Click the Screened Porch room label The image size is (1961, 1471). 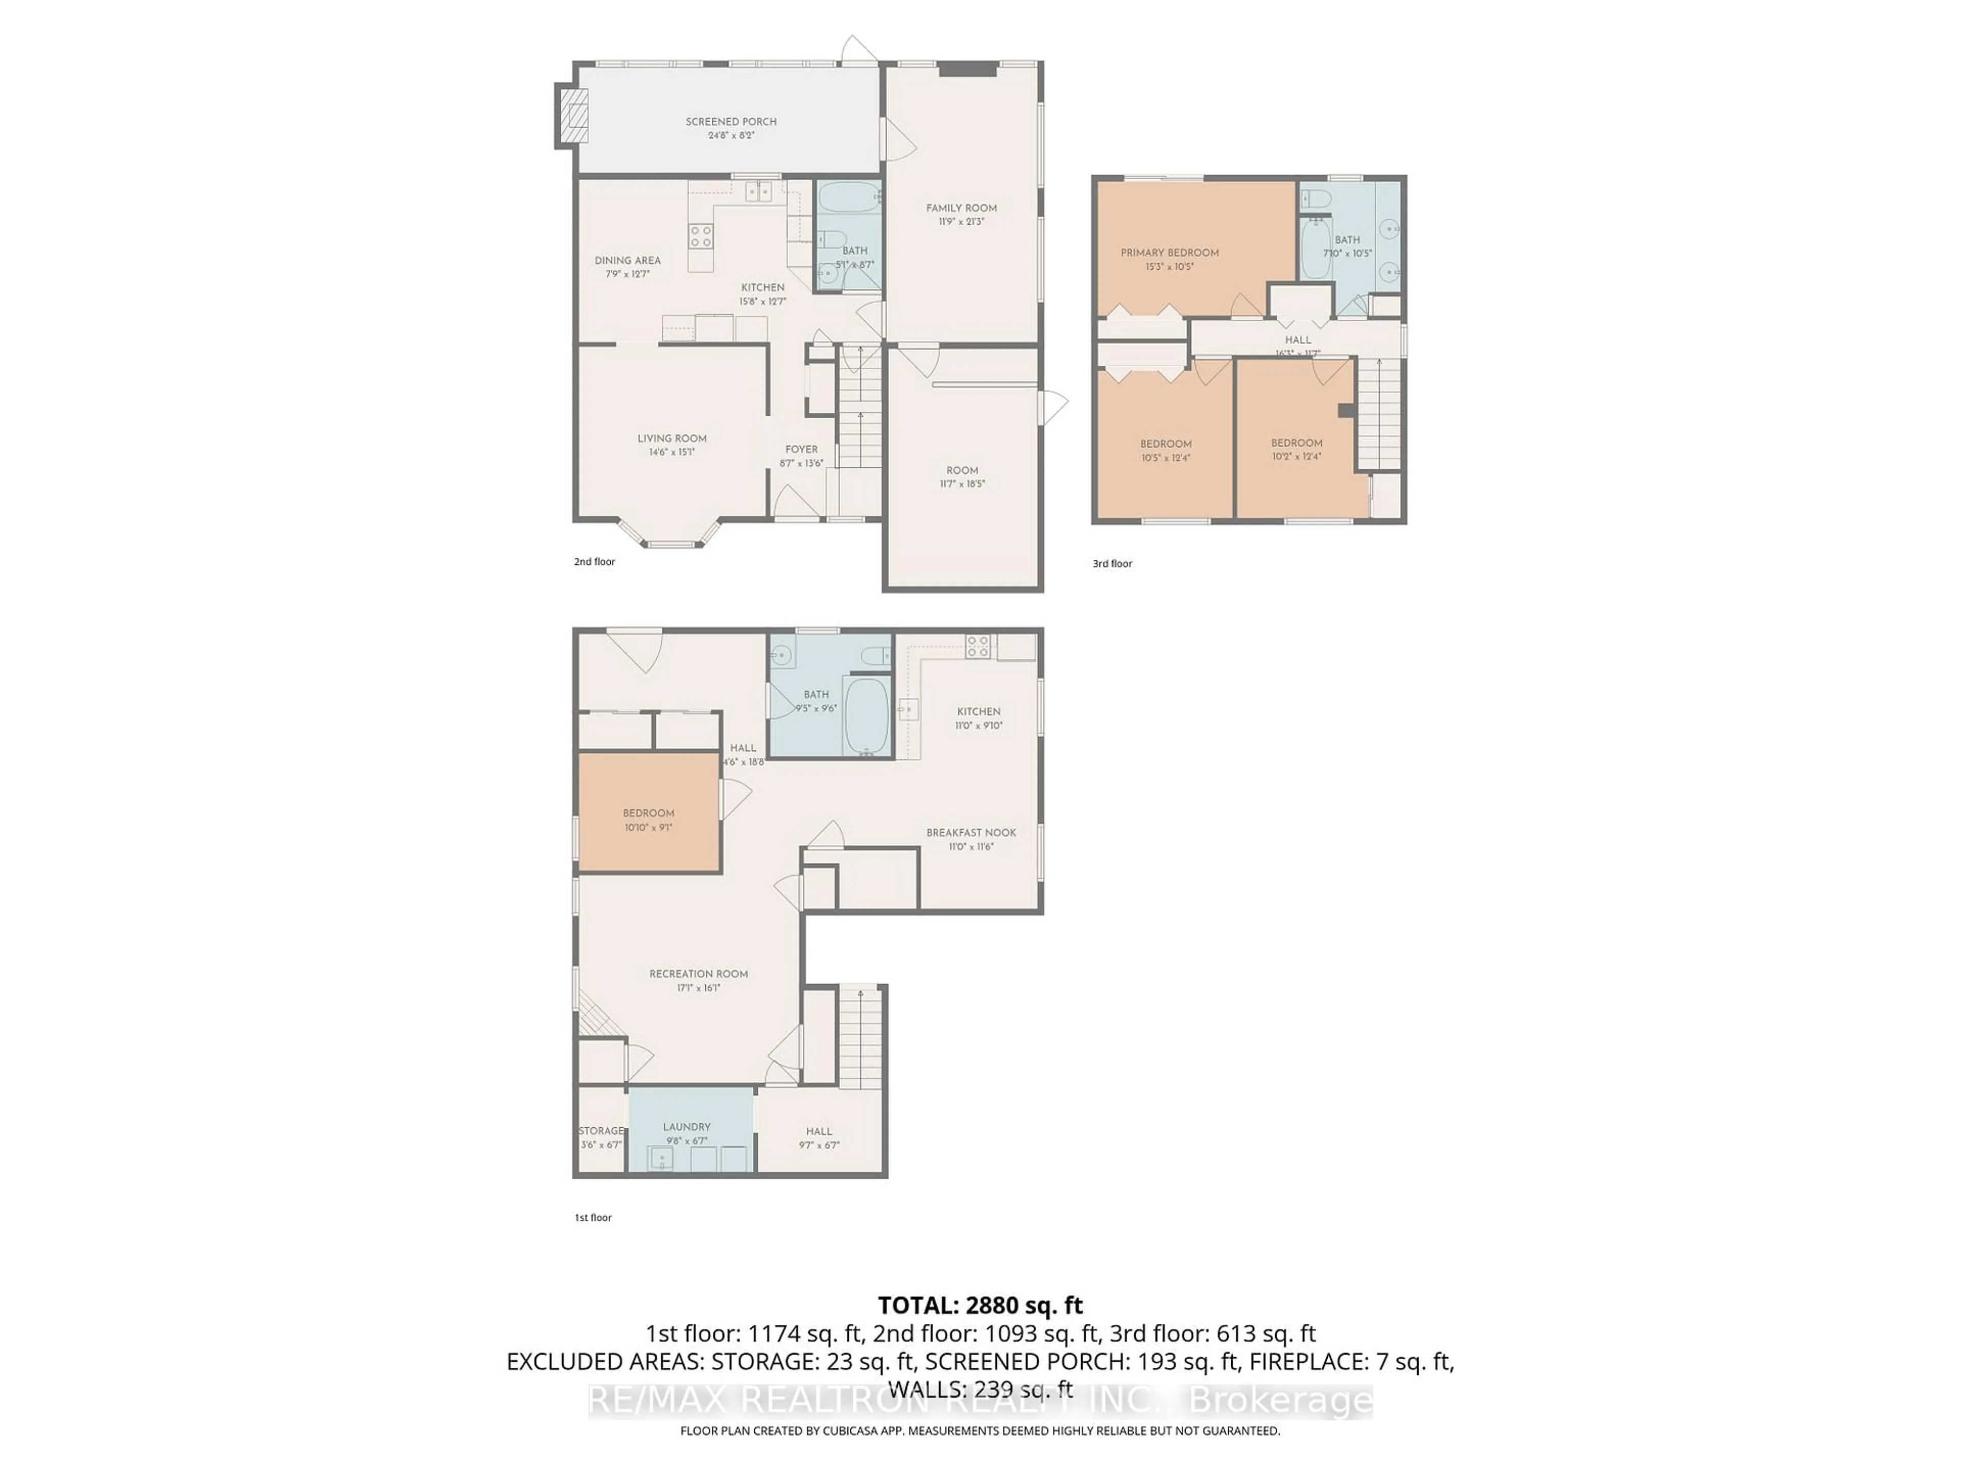730,122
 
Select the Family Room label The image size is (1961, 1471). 961,208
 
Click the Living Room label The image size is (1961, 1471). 671,438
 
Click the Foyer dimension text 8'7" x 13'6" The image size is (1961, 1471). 801,463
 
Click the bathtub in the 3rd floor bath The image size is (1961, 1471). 1316,248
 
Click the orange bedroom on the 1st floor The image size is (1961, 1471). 648,813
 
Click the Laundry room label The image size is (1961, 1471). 686,1126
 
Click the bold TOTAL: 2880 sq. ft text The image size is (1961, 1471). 979,1305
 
